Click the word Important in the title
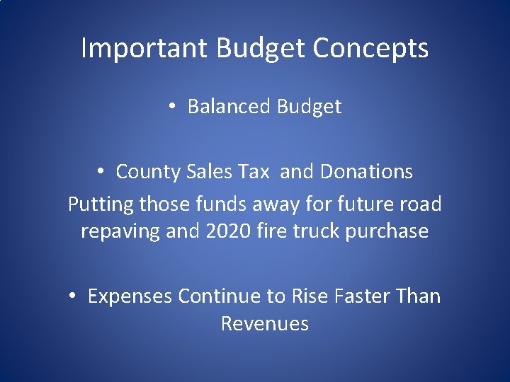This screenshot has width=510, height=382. pyautogui.click(x=144, y=49)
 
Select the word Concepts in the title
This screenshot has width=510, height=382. pyautogui.click(x=370, y=49)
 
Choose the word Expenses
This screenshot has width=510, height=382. pyautogui.click(x=130, y=296)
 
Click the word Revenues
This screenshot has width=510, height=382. pyautogui.click(x=265, y=324)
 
